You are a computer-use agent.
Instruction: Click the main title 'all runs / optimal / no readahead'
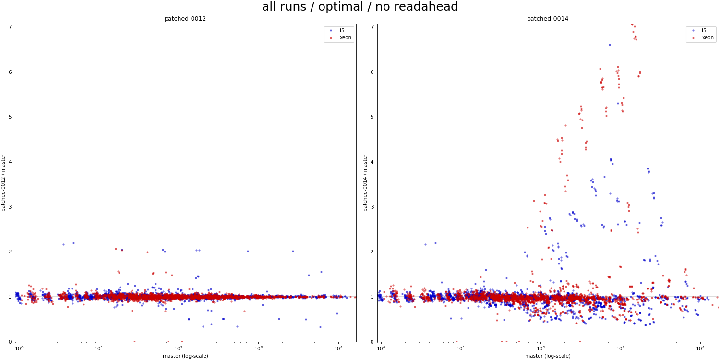point(360,7)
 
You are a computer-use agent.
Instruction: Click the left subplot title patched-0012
point(185,19)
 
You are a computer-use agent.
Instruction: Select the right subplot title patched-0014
point(547,19)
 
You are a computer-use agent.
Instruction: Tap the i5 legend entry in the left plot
point(342,30)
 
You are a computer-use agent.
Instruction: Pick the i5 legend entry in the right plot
point(704,30)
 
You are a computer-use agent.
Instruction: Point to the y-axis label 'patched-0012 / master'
point(4,183)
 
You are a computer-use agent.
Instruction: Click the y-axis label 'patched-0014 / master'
point(366,183)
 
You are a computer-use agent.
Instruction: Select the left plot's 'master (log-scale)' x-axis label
point(185,356)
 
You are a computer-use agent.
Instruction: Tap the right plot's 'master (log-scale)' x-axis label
point(548,356)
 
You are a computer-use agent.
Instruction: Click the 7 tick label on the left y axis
point(10,27)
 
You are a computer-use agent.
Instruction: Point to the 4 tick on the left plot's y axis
point(10,162)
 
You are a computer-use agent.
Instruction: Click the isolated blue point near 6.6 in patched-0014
point(610,45)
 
